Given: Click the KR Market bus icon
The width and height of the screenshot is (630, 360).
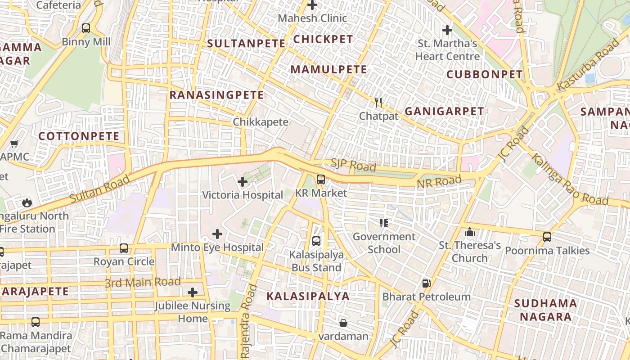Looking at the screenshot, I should tap(320, 179).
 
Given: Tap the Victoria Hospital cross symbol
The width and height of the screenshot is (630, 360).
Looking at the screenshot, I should tap(243, 182).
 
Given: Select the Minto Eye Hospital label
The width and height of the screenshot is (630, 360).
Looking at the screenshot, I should tap(217, 247).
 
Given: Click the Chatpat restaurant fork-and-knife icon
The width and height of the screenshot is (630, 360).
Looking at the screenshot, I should tap(378, 103).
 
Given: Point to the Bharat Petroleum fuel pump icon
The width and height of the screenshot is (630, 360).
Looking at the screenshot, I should tap(426, 283).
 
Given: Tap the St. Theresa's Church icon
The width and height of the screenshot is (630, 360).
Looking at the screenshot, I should tap(470, 232).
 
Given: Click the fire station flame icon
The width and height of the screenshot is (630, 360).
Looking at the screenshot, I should tap(27, 202).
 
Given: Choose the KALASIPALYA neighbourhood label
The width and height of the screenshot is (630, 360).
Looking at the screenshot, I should tap(308, 296).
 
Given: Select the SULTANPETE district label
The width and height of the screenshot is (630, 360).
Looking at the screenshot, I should tap(246, 44).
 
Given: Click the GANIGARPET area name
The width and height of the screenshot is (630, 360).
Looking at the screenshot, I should tap(444, 111).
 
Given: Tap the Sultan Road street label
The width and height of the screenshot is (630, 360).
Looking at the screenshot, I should tap(100, 189).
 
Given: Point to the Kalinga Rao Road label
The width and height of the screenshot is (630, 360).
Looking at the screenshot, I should tap(569, 179).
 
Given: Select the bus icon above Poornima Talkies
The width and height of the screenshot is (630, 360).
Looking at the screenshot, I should tap(547, 237).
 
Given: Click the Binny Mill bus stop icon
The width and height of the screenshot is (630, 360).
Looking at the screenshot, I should tap(85, 28).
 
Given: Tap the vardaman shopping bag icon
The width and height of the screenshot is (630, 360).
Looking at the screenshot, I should tap(343, 323).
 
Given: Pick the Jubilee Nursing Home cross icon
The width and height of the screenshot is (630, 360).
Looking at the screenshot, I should tap(193, 292).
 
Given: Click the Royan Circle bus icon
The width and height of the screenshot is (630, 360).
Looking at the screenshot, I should tap(124, 248).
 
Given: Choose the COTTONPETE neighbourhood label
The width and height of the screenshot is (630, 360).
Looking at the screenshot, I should tap(79, 136).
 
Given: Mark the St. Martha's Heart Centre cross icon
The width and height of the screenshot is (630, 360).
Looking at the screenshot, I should tap(447, 30).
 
